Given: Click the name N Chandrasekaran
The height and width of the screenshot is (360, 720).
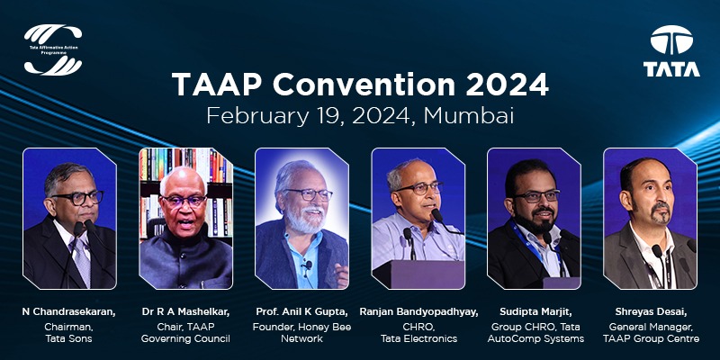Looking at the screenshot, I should (x=68, y=311).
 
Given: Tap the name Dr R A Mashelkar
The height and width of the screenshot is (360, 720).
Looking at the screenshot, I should (x=185, y=311).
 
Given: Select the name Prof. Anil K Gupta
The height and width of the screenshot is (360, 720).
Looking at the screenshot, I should (x=301, y=311).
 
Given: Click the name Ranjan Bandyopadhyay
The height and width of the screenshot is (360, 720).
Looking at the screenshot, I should (x=418, y=311).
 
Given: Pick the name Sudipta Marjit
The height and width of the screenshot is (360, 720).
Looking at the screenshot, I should (x=535, y=311).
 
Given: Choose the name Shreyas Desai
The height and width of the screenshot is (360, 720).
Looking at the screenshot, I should (x=650, y=311).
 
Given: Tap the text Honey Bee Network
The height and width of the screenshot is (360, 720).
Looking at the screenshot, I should (x=301, y=332).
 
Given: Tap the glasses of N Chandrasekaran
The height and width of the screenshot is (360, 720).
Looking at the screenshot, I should (x=76, y=196).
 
